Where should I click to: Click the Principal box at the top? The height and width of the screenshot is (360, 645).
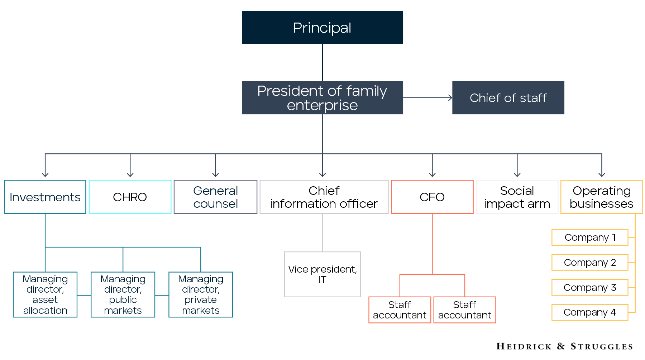(x=322, y=28)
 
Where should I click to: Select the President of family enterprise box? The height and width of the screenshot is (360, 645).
(x=322, y=98)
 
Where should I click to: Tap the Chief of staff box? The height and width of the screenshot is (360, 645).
(x=508, y=98)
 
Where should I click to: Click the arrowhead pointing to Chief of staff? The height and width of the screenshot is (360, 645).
(x=450, y=97)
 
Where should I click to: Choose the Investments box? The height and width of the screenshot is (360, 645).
(x=45, y=197)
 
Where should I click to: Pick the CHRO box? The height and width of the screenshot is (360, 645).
(x=130, y=197)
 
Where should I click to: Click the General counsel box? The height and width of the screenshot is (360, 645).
(x=215, y=197)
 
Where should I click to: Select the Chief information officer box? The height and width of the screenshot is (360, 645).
(x=324, y=197)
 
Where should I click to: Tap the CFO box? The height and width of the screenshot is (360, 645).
(x=432, y=197)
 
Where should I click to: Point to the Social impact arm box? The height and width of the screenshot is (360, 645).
(x=517, y=197)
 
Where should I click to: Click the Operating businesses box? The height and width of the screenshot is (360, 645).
(x=601, y=197)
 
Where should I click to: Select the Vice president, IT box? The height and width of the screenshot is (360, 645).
(x=322, y=274)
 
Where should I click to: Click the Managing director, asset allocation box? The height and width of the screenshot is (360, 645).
(x=45, y=294)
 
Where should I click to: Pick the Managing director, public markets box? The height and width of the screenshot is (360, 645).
(x=123, y=294)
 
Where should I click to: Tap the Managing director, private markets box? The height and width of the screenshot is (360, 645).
(x=201, y=294)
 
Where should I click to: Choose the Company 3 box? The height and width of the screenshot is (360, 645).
(x=589, y=287)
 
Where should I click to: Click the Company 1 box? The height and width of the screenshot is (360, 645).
(x=589, y=237)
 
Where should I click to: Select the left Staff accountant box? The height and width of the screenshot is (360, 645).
(x=400, y=310)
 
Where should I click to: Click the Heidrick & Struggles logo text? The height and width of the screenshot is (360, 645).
(x=564, y=346)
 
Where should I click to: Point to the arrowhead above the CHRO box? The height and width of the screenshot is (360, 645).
(x=130, y=175)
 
